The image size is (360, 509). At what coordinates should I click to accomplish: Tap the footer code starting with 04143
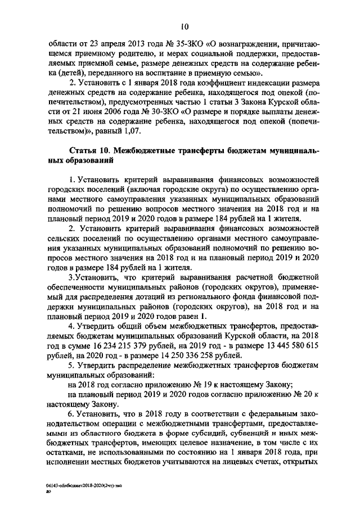pos(76,484)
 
